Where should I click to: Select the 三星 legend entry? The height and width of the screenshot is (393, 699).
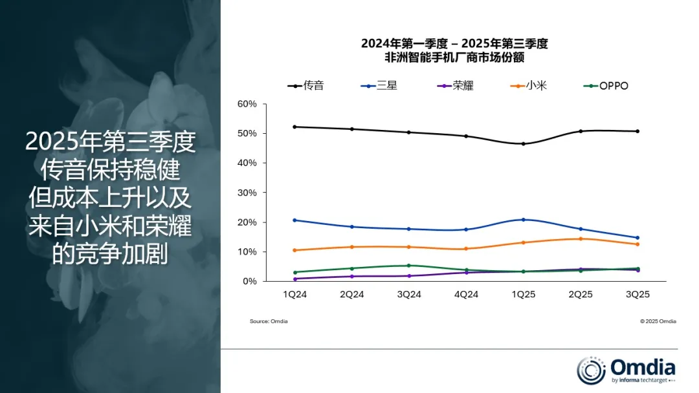[x=379, y=86]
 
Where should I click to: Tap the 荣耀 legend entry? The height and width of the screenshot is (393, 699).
[x=455, y=86]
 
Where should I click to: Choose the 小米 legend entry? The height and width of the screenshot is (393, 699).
[x=529, y=86]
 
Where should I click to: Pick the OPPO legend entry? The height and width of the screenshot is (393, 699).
[x=605, y=86]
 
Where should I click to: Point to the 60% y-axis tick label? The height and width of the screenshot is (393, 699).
[x=247, y=104]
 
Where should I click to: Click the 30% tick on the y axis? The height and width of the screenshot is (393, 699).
[x=247, y=193]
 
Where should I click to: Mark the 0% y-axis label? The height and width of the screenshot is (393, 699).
[x=250, y=281]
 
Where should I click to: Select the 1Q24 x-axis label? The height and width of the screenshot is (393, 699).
[x=295, y=294]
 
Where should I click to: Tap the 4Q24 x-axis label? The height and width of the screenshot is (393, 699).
[x=466, y=294]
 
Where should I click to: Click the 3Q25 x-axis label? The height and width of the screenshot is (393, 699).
[x=637, y=294]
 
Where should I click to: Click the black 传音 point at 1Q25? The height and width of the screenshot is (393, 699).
[x=523, y=143]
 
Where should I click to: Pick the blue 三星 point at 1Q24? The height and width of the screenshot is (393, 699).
[x=295, y=220]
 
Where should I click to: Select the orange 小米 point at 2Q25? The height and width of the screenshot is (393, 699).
[x=580, y=239]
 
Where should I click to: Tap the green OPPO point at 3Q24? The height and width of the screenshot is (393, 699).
[x=409, y=266]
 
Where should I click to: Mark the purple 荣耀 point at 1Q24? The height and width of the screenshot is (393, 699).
[x=295, y=279]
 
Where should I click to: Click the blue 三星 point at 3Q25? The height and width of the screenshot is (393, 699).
[x=637, y=238]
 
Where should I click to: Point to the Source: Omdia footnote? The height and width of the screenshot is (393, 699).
[x=269, y=321]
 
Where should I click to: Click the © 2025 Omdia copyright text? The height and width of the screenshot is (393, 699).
[x=658, y=321]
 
